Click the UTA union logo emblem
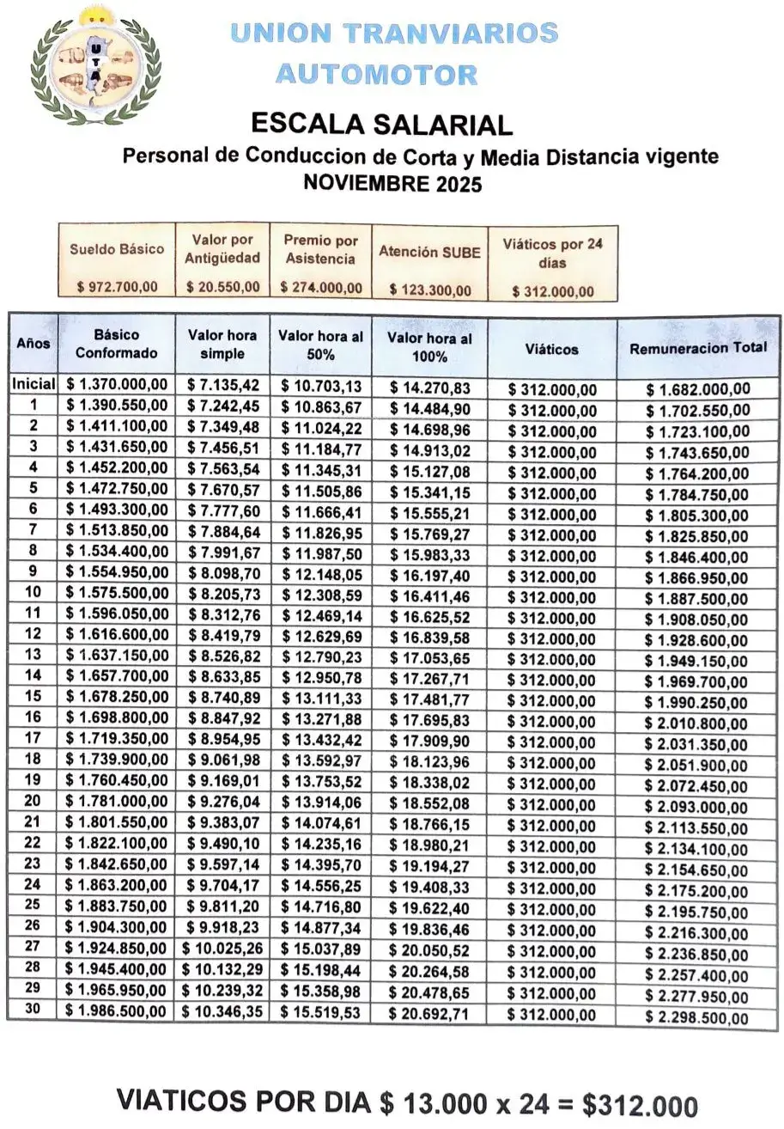click(x=94, y=64)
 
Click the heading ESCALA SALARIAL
click(x=381, y=124)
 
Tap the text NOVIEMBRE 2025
click(x=393, y=184)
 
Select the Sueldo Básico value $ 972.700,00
click(x=117, y=286)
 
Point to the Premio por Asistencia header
click(x=320, y=249)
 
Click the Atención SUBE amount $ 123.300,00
click(x=430, y=290)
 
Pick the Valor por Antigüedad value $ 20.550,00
click(x=222, y=286)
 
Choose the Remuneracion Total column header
click(x=698, y=349)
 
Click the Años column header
click(x=33, y=344)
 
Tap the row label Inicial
click(x=33, y=384)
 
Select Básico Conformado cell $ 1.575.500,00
click(x=117, y=595)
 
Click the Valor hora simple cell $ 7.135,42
click(x=222, y=384)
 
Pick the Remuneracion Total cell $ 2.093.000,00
click(x=698, y=808)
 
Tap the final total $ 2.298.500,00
click(x=698, y=1019)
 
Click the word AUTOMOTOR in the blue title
click(x=375, y=74)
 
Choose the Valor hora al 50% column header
click(x=320, y=345)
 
